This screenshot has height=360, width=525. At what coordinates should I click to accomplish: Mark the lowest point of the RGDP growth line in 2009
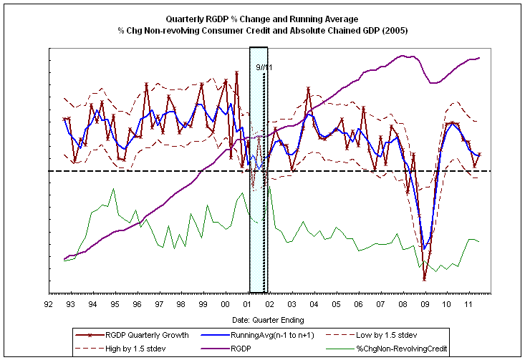click(425, 280)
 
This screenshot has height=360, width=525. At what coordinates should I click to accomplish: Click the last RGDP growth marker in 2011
click(479, 154)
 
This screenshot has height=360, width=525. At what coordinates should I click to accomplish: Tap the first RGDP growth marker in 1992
click(64, 119)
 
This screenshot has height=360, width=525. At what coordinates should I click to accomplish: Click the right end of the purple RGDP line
click(479, 57)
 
